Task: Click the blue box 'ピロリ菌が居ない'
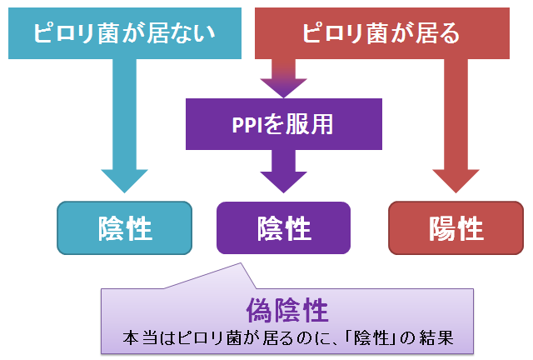[125, 33]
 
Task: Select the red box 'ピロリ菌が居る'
[382, 33]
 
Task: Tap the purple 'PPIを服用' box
[284, 124]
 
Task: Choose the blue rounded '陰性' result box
[124, 228]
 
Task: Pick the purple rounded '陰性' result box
[283, 228]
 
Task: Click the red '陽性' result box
[456, 228]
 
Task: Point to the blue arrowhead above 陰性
[124, 181]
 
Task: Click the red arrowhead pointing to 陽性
[456, 181]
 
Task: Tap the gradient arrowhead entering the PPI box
[283, 88]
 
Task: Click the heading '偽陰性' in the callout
[287, 310]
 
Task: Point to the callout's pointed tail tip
[241, 263]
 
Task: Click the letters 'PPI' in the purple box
[248, 125]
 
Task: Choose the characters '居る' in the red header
[437, 33]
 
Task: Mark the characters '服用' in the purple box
[309, 124]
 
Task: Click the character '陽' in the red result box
[442, 228]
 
